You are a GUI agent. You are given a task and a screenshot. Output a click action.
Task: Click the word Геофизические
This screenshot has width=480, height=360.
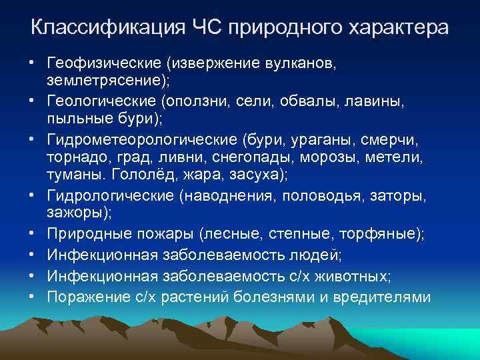106,63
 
